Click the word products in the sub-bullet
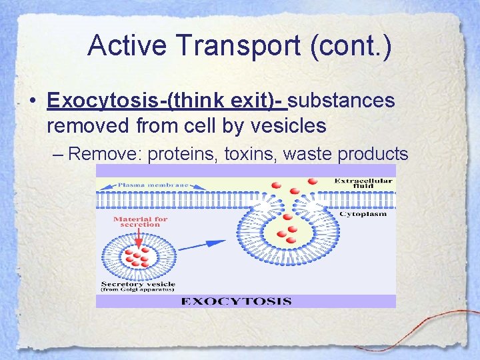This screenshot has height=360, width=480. coord(373,154)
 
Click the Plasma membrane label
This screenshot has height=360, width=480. coord(153,185)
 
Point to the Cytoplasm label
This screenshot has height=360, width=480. coord(362,214)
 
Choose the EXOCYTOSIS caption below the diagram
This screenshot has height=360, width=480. coord(236,301)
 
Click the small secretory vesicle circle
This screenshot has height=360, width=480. coord(136,256)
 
